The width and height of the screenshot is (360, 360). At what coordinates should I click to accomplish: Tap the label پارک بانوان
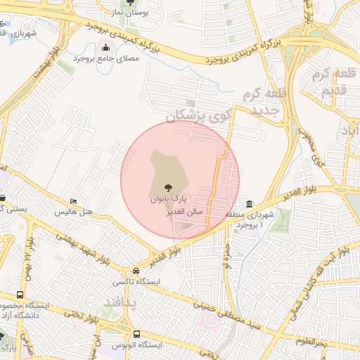[168, 199]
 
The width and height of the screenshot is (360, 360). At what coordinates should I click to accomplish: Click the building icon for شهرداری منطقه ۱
[250, 204]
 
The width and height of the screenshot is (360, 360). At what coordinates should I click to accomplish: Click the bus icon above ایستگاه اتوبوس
[135, 335]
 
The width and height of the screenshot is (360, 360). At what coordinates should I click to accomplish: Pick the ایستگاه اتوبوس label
[137, 346]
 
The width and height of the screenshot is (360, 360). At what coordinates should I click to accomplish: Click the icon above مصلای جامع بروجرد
[105, 48]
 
